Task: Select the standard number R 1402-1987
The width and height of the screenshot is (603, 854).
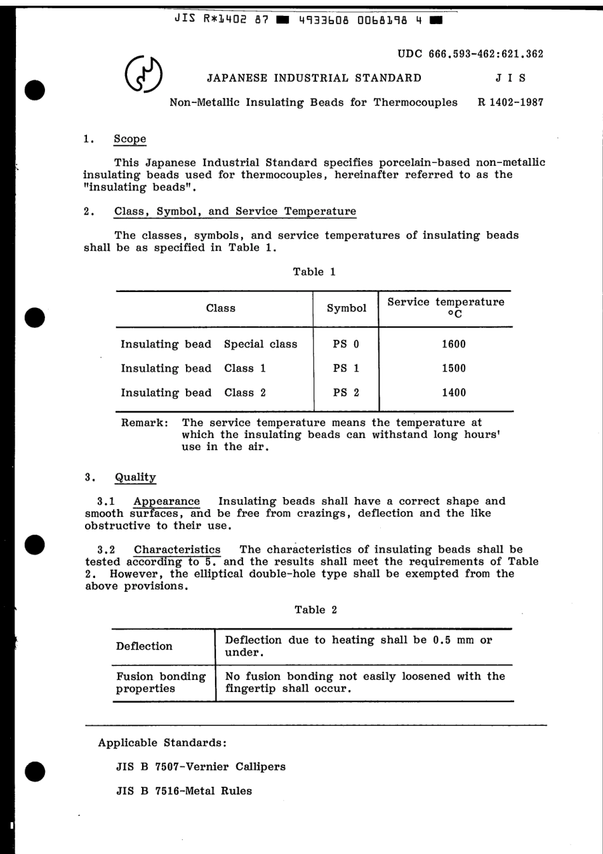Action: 510,102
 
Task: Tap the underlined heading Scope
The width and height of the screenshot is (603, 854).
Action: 129,139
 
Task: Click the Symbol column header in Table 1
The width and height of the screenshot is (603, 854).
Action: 346,309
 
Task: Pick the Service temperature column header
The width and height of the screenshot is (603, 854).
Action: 446,307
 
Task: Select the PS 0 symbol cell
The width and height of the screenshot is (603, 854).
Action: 346,344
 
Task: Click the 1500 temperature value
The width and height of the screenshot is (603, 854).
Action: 453,368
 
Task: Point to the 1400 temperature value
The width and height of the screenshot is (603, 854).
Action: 453,392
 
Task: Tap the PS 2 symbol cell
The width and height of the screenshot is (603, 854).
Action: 346,392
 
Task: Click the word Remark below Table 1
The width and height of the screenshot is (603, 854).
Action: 144,423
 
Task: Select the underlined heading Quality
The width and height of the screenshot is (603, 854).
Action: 135,477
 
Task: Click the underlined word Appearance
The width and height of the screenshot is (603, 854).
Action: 166,502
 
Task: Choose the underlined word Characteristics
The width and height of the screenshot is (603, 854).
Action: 177,550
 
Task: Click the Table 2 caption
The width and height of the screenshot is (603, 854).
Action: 315,610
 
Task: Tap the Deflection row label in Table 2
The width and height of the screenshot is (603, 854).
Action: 144,646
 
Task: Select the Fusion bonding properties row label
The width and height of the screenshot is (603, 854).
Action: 160,683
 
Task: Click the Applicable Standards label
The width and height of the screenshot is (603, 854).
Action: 162,743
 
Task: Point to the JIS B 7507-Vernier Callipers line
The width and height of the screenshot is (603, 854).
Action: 201,767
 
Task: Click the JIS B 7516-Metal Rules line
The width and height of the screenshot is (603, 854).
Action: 183,791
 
